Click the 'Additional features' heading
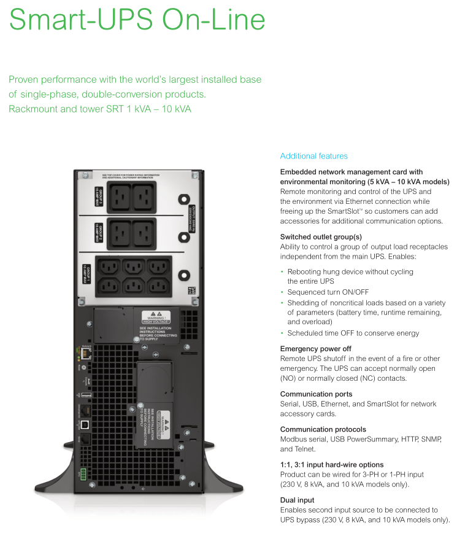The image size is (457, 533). point(313,156)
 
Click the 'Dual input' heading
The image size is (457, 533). point(297,500)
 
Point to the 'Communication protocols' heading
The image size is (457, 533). point(323,429)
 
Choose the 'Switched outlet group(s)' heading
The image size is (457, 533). point(321,236)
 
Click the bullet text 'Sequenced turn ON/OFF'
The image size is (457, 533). point(328,292)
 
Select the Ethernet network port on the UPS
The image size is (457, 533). point(85,354)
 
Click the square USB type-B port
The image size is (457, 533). point(85,424)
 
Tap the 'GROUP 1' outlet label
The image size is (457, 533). point(86,274)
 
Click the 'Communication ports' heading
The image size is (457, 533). point(316,394)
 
